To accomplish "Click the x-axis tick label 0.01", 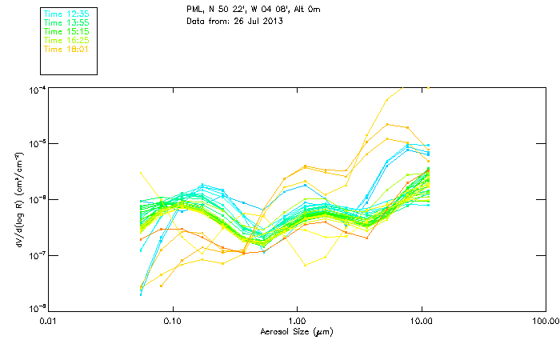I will click(x=49, y=321).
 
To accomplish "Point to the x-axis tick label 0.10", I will click(x=173, y=321).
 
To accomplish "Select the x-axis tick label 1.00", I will click(x=297, y=321).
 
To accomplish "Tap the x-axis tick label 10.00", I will click(x=421, y=321).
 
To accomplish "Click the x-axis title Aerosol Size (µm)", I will click(x=297, y=331).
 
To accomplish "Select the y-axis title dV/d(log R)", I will click(x=18, y=199).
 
